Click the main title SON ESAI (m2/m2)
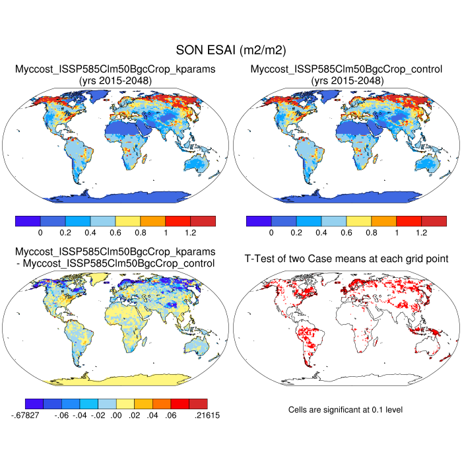tap(230, 50)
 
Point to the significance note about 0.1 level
tap(345, 410)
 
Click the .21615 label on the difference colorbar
tap(208, 416)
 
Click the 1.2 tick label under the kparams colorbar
tap(190, 233)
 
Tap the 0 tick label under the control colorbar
tap(271, 233)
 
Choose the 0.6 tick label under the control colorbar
tap(346, 233)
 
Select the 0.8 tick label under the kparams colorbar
tap(140, 233)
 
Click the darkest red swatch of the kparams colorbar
tap(203, 220)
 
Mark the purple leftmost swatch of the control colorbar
tap(258, 220)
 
